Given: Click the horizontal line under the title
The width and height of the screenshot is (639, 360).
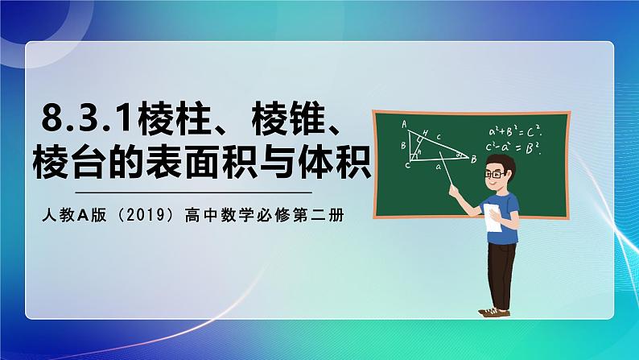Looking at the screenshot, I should pyautogui.click(x=192, y=193).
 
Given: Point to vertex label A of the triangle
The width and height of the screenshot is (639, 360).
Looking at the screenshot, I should pyautogui.click(x=404, y=123).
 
